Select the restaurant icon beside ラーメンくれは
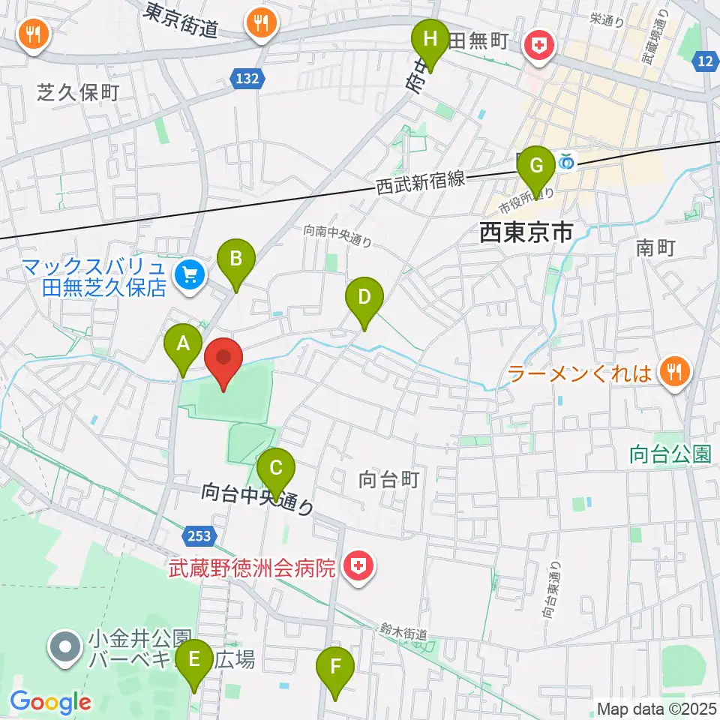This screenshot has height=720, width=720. pos(675,370)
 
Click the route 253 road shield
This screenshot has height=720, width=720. pos(199,535)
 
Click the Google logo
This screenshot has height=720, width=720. pos(50,702)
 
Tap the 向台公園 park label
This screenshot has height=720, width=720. pos(670,453)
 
